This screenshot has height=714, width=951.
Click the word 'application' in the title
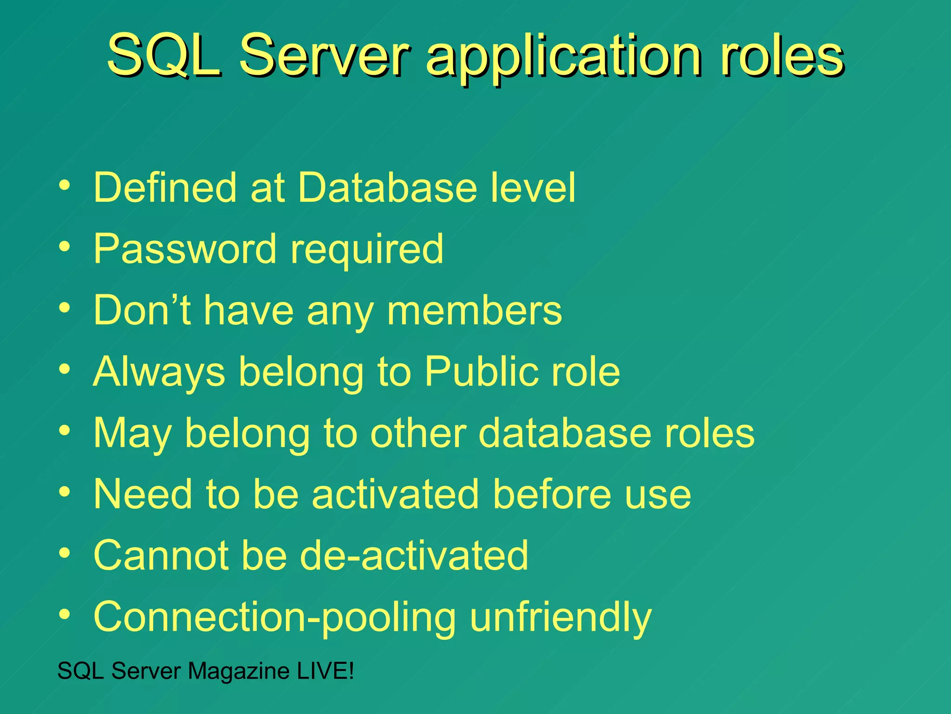(x=564, y=58)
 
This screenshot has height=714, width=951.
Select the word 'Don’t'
(x=142, y=310)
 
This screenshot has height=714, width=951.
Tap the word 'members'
(x=474, y=311)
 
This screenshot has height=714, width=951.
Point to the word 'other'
(x=418, y=433)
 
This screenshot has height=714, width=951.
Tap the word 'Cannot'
(x=161, y=555)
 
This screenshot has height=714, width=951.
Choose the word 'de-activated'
(x=414, y=555)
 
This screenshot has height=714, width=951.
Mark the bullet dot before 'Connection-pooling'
(x=65, y=615)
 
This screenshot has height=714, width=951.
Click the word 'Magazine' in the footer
(x=239, y=671)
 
